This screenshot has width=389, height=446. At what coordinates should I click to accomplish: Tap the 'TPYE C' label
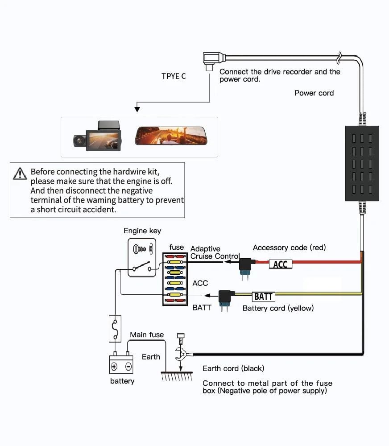[x=174, y=76]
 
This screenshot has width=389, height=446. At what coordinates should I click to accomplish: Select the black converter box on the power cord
[x=362, y=163]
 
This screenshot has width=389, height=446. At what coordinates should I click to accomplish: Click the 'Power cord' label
[x=314, y=93]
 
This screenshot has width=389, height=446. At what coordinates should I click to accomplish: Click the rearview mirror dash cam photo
[x=171, y=136]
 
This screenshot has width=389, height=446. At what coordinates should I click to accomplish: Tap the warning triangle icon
[x=20, y=173]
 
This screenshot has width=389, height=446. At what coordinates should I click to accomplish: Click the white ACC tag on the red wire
[x=280, y=264]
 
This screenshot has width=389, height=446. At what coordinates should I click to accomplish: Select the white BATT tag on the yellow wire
[x=263, y=296]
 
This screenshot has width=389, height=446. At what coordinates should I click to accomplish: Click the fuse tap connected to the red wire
[x=245, y=266]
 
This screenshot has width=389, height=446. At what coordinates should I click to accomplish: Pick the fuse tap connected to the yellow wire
[x=224, y=298]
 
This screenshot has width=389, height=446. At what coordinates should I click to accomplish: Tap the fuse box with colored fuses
[x=175, y=279]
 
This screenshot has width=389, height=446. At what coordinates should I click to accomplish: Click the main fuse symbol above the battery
[x=116, y=328]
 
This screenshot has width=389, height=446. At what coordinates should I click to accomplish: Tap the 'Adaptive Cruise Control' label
[x=215, y=252]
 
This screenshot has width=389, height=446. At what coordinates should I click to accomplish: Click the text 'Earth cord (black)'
[x=233, y=368]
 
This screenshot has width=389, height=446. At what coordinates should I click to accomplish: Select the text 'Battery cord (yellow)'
[x=278, y=308]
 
